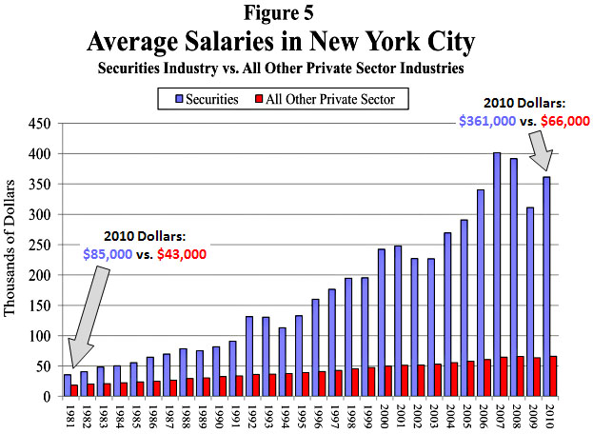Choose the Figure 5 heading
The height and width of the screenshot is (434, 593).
coord(295,15)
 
